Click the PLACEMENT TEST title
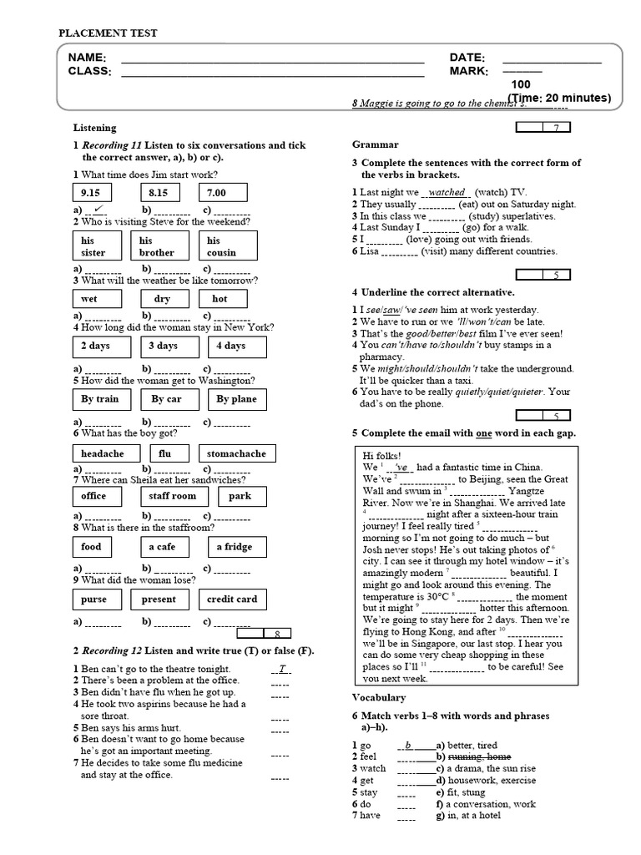(x=108, y=33)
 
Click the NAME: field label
(x=87, y=58)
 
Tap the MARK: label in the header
(x=468, y=72)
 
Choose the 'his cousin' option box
(x=231, y=246)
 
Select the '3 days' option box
(x=163, y=346)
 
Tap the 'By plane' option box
(x=236, y=399)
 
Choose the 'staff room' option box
(x=173, y=496)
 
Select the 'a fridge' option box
(x=234, y=547)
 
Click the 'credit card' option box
(x=232, y=600)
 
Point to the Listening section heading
(x=94, y=128)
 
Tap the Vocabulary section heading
(x=379, y=697)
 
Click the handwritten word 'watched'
(x=447, y=192)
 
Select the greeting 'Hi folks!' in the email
(x=382, y=454)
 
